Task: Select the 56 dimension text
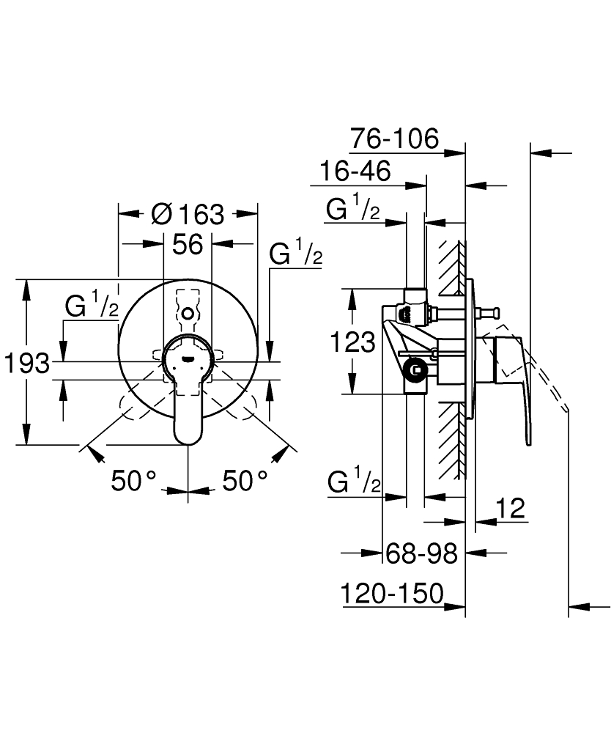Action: (187, 244)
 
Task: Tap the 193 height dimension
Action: (26, 362)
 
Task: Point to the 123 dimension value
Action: (352, 342)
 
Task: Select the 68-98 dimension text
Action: (421, 553)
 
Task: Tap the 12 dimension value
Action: (511, 507)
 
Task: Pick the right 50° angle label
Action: (244, 481)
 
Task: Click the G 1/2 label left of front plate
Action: (92, 306)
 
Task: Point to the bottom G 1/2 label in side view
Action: (354, 483)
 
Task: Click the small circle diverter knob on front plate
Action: (188, 313)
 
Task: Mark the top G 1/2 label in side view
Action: (353, 210)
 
